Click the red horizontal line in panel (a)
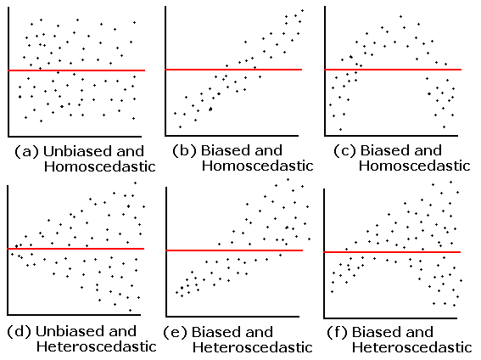pos(76,70)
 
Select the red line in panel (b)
pos(233,69)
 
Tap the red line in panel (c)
pos(393,69)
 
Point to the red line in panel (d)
pos(76,249)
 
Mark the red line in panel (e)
pos(233,250)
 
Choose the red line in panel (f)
pos(393,252)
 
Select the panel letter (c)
pos(343,150)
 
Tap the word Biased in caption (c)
pos(386,150)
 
